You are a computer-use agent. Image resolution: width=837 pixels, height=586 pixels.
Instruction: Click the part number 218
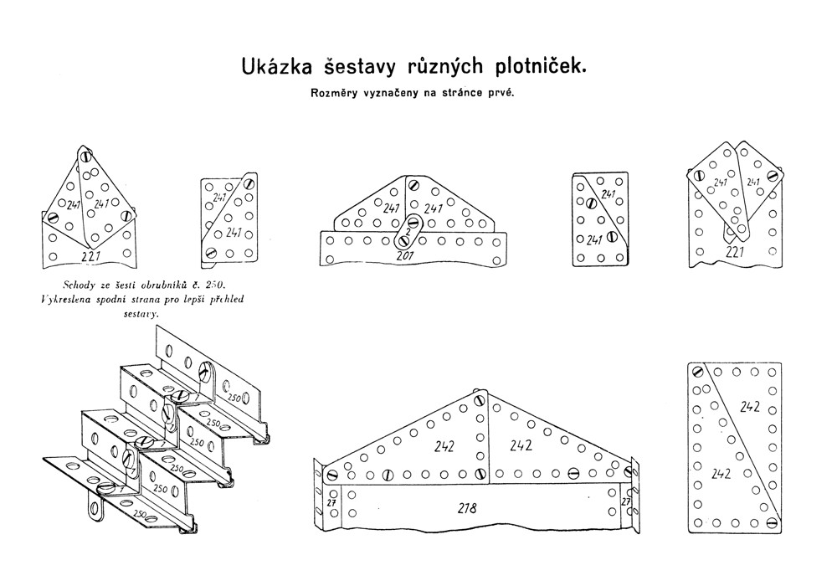(x=467, y=506)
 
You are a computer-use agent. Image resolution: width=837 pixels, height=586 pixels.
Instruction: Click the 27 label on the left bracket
(x=331, y=501)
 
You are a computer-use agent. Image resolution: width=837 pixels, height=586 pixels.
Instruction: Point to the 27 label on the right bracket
(x=624, y=501)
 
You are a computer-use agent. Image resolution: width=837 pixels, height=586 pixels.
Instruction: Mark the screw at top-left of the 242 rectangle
(x=696, y=372)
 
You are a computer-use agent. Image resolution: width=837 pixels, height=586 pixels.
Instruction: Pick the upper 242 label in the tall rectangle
(x=750, y=407)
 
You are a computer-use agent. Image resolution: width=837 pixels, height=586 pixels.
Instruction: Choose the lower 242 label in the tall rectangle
(x=722, y=474)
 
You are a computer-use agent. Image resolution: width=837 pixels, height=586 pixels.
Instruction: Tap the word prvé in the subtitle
(x=501, y=93)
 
